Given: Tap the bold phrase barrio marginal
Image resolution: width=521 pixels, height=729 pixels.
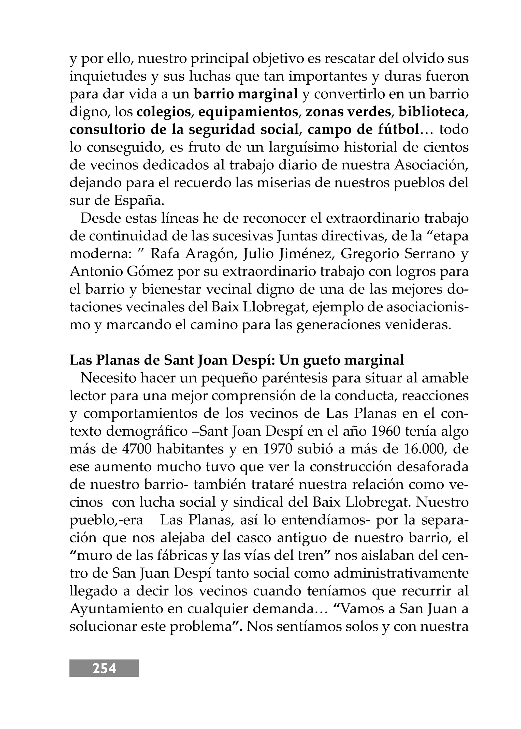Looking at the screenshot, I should [246, 94].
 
